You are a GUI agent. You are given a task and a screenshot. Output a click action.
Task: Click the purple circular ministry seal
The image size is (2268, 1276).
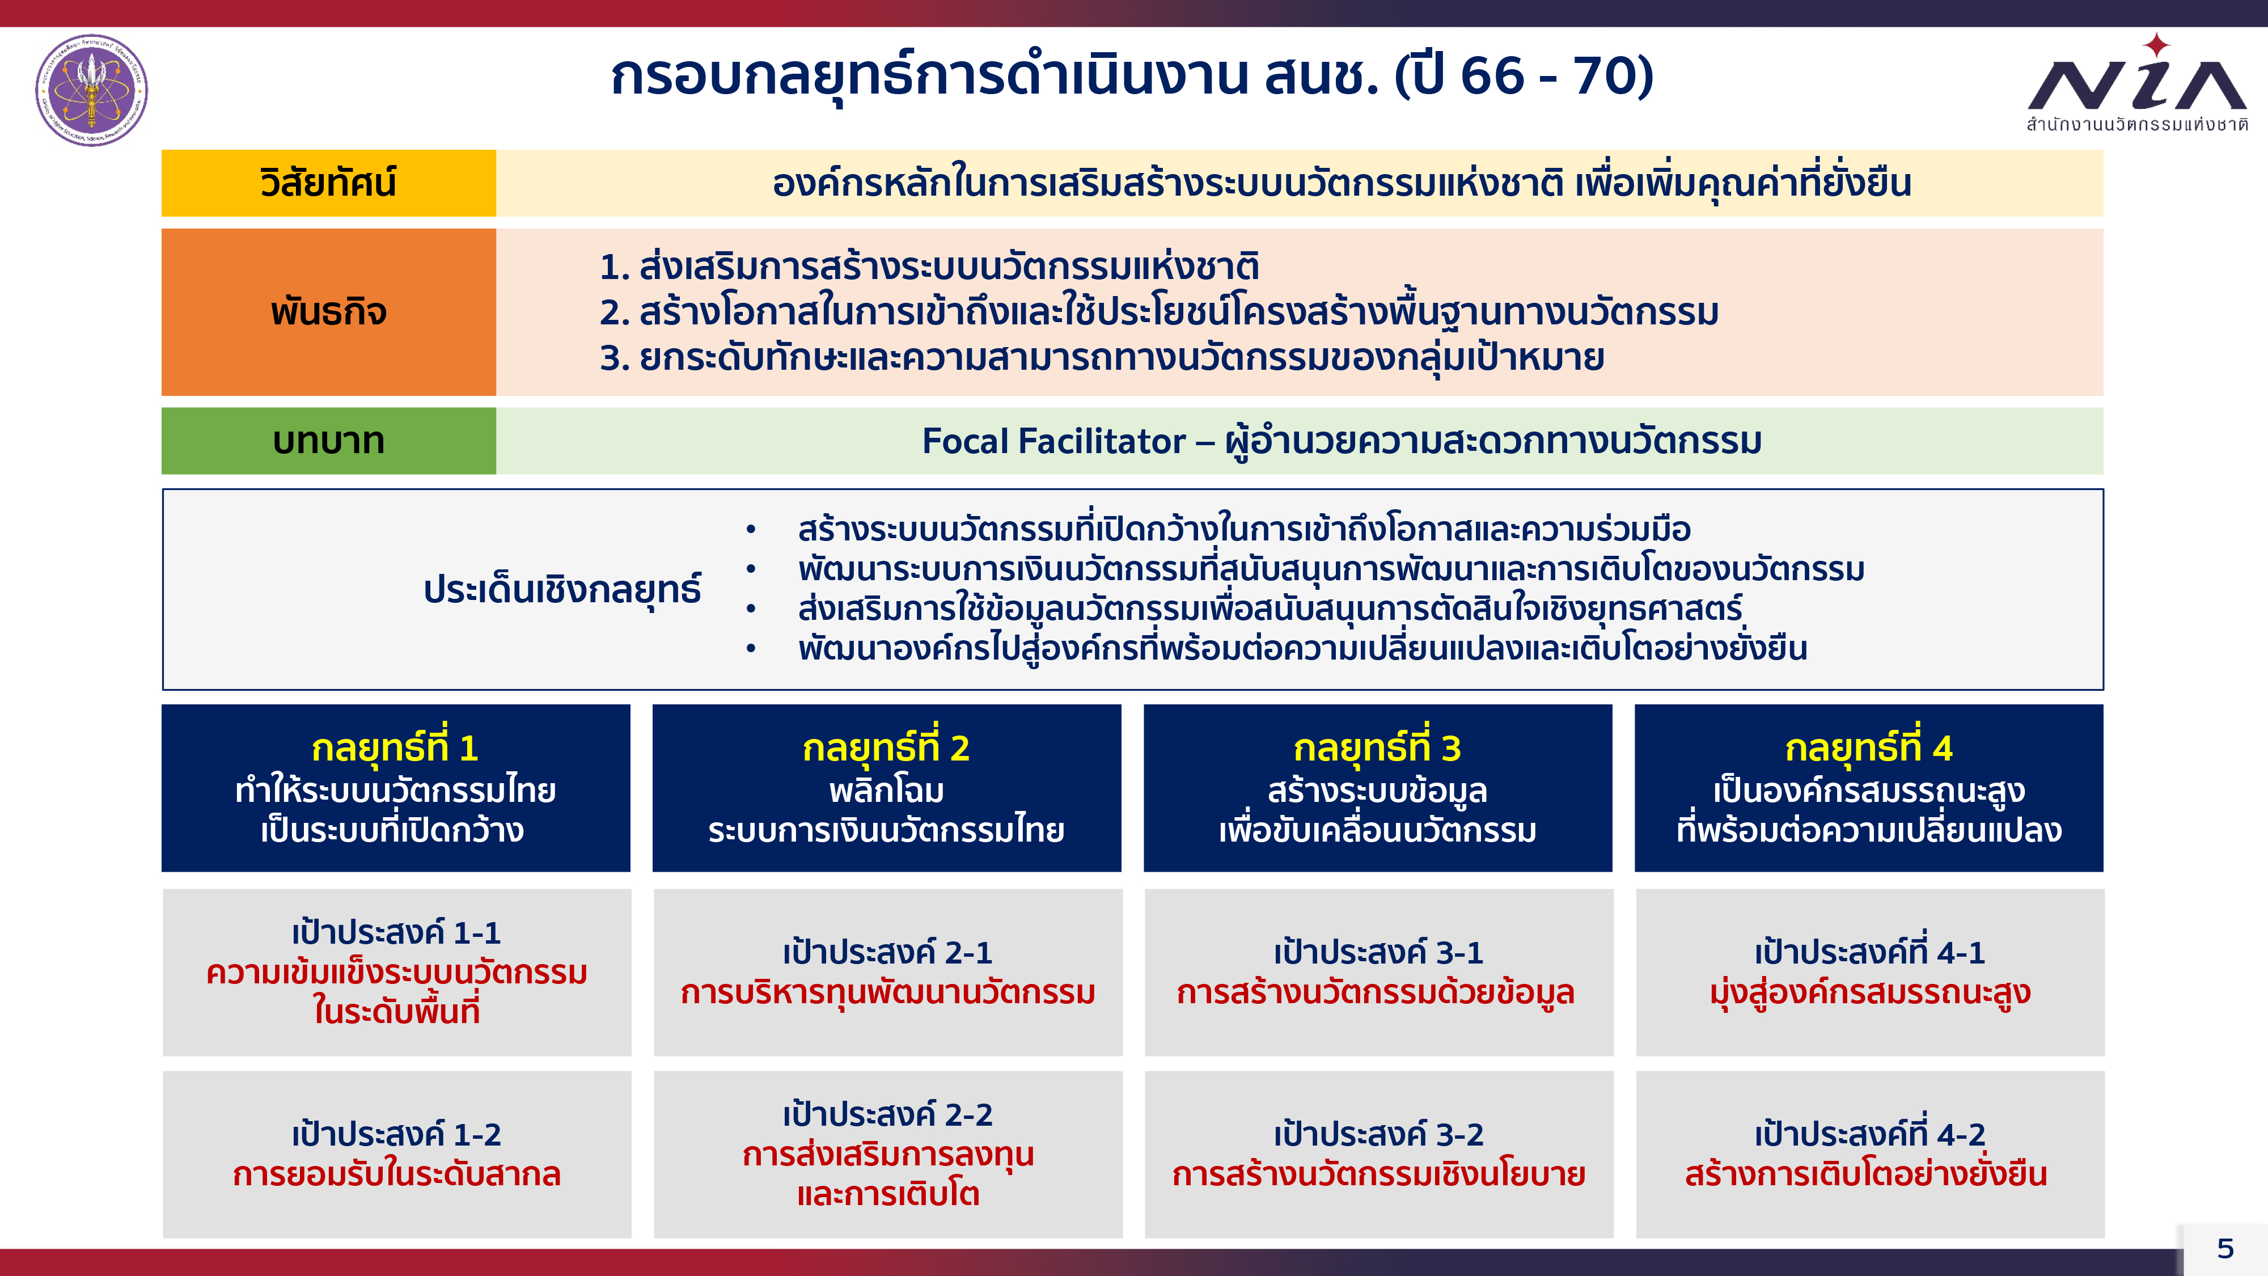(x=91, y=90)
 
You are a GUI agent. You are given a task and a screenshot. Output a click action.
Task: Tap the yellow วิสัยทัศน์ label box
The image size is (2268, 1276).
(x=328, y=183)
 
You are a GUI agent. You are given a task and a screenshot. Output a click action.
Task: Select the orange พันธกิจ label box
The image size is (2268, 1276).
(x=328, y=312)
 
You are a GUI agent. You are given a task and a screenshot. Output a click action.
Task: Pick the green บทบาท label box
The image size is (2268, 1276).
(x=328, y=440)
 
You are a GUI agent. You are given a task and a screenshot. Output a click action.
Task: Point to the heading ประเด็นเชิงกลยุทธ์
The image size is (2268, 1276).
(x=562, y=590)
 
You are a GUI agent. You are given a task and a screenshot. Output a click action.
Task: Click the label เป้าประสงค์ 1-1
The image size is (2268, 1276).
(x=396, y=932)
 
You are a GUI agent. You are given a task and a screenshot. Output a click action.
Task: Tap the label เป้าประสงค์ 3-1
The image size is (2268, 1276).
(x=1379, y=953)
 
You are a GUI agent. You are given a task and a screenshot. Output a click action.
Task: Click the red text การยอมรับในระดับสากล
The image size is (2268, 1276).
(x=396, y=1174)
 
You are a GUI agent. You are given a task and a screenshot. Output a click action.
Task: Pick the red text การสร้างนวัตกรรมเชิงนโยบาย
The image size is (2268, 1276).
(x=1379, y=1174)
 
